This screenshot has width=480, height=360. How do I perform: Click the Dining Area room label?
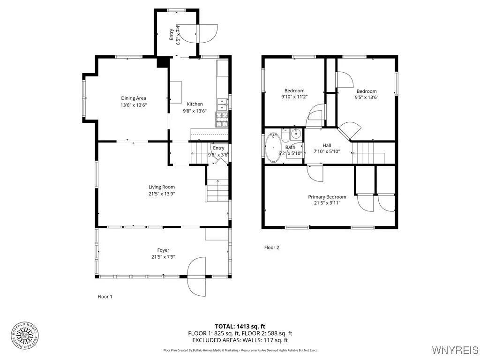point(134,98)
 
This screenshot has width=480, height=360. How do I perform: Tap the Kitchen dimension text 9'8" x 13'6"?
point(195,111)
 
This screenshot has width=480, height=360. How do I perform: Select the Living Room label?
point(162,187)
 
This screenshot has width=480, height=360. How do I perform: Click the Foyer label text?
point(163,250)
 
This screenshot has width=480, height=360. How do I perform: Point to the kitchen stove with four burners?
point(222,120)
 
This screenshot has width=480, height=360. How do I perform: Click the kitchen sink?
point(222,103)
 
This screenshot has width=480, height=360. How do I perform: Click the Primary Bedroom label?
point(327,197)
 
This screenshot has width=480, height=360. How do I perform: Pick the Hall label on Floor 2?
point(327,145)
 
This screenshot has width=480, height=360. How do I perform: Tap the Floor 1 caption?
point(105,296)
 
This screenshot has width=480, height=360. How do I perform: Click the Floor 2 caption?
point(271,247)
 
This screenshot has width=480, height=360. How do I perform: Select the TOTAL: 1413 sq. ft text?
point(240,326)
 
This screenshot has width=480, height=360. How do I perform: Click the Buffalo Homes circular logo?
point(24,336)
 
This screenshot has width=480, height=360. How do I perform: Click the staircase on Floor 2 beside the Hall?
point(368,153)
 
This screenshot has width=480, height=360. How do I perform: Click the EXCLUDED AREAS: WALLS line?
point(240,340)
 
